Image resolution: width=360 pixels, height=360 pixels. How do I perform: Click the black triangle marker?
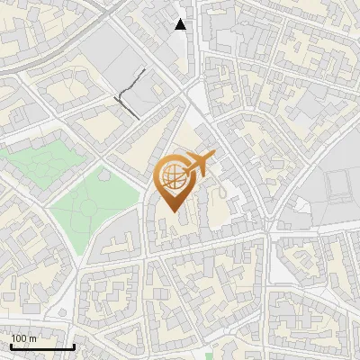pyautogui.click(x=181, y=24)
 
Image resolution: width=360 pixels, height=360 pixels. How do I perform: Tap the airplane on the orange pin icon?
pyautogui.click(x=199, y=163)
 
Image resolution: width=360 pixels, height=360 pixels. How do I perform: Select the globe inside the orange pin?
pyautogui.click(x=172, y=177)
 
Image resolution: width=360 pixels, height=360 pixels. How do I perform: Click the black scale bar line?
pyautogui.click(x=42, y=346)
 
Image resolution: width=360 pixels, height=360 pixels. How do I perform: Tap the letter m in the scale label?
pyautogui.click(x=33, y=338)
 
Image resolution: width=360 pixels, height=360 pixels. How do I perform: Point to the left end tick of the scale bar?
pyautogui.click(x=10, y=345)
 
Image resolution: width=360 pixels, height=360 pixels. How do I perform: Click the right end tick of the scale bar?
pyautogui.click(x=75, y=345)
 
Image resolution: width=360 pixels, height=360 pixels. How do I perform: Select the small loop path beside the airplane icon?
pyautogui.click(x=219, y=192)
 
